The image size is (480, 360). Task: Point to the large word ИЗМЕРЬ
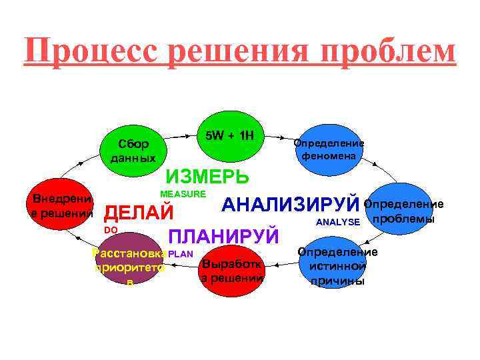click(x=207, y=177)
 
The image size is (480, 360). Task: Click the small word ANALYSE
click(x=338, y=222)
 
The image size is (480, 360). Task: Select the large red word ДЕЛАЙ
click(x=140, y=213)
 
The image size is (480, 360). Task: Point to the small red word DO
click(x=111, y=230)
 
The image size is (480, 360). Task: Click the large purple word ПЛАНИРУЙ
click(x=223, y=237)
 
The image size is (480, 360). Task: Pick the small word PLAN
click(x=181, y=254)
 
